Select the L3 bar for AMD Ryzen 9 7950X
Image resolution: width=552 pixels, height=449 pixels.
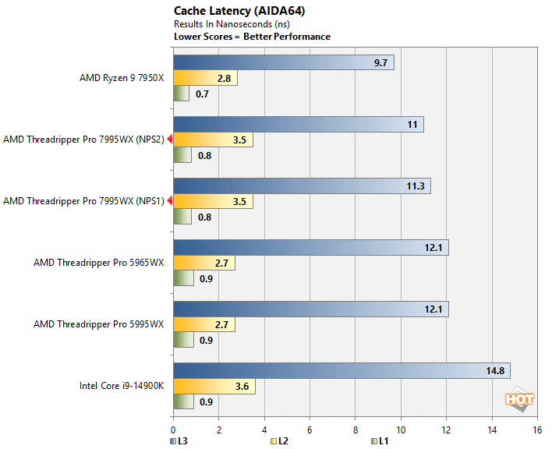[x=283, y=63]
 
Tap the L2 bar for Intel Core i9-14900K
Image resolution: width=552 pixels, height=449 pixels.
[x=214, y=387]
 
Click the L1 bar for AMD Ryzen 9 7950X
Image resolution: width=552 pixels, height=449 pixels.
[x=181, y=94]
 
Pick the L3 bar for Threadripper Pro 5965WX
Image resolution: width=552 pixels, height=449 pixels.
[x=310, y=248]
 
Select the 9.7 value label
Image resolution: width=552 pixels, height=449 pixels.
[x=380, y=63]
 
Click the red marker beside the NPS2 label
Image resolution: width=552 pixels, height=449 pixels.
[x=169, y=140]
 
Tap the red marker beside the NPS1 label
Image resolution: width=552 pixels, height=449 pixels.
[x=169, y=201]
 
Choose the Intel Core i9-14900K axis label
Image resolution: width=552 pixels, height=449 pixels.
[x=121, y=386]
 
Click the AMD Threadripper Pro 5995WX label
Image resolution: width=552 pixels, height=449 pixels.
[x=99, y=324]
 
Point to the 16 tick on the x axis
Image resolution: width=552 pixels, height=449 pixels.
[x=536, y=430]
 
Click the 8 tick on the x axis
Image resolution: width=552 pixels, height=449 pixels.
[x=356, y=430]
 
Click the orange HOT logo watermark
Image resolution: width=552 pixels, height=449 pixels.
[x=519, y=399]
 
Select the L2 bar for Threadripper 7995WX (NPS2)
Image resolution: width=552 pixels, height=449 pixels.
[x=213, y=140]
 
